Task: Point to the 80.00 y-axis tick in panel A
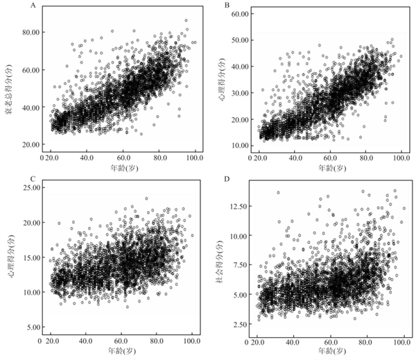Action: (x=30, y=33)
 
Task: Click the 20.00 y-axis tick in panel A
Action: (x=30, y=144)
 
